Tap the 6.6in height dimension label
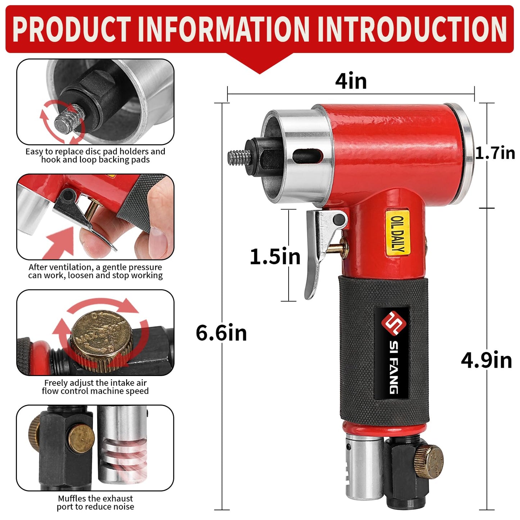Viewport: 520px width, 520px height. coord(221,333)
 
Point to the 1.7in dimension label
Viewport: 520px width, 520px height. coord(495,153)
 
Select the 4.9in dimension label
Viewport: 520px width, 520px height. coord(487,360)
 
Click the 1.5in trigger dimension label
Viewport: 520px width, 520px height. coord(275,257)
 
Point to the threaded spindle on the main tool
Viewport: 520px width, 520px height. coord(239,158)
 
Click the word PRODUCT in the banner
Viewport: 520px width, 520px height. coord(72,29)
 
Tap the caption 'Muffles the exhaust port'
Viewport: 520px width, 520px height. coord(95,503)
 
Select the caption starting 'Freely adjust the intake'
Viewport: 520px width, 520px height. coord(95,387)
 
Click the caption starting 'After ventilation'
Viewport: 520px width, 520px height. coord(95,271)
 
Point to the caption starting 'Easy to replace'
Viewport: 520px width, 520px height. coord(95,155)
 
